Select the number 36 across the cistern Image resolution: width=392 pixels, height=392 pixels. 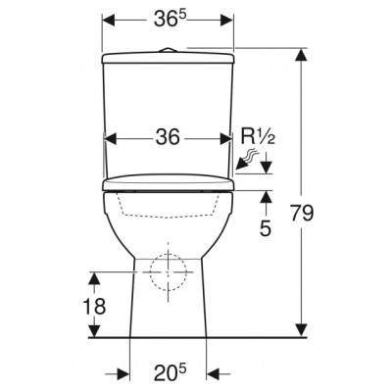(168, 137)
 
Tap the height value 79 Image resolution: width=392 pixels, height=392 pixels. (302, 214)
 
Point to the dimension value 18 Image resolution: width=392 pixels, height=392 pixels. (94, 307)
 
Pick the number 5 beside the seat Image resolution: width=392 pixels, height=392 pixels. (266, 228)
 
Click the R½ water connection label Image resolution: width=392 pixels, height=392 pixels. (258, 137)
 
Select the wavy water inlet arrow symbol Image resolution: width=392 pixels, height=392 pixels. (247, 159)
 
